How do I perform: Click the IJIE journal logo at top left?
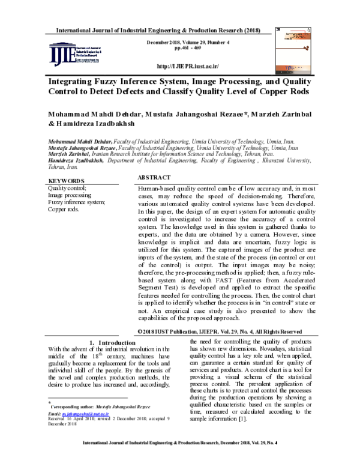point(73,55)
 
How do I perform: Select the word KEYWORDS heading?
point(66,180)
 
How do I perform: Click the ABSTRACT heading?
point(154,178)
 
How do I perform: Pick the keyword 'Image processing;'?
point(70,195)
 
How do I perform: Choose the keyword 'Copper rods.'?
point(63,210)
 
